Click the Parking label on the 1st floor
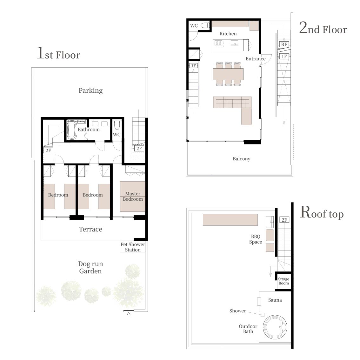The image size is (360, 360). point(90,91)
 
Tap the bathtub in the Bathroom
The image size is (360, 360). point(71,130)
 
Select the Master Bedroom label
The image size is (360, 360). point(133,196)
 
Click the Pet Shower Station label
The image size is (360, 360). point(133,247)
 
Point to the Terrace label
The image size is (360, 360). point(90,229)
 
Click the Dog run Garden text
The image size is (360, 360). point(90,267)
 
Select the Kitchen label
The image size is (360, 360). point(228,34)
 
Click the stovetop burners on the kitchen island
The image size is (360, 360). point(218,43)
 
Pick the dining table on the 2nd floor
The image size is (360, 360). point(228,74)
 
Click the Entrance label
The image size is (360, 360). point(256,59)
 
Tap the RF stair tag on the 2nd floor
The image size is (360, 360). point(284,44)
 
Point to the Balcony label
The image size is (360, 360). point(241,159)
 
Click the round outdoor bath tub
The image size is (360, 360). point(275,327)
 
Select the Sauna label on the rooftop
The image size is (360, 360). point(275,300)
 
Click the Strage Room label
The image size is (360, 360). point(283,281)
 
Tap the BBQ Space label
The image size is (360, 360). point(256,239)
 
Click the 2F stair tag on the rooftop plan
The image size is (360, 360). point(284,220)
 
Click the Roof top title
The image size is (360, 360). point(322,212)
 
